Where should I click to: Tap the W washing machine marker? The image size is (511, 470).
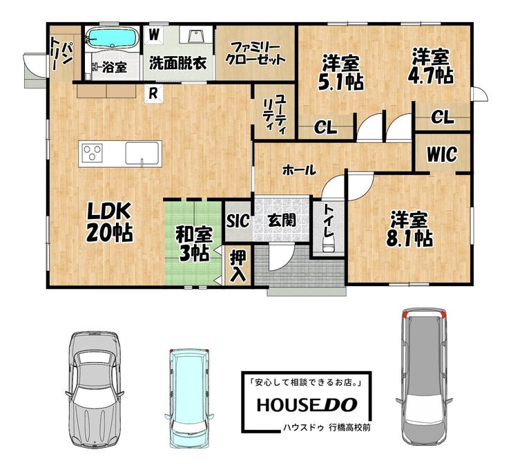(x=154, y=34)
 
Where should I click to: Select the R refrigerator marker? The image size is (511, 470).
(x=153, y=93)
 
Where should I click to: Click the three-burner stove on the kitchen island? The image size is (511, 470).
(x=93, y=153)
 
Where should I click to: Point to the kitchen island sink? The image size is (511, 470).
(x=142, y=153)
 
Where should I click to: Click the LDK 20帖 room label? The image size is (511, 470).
(x=109, y=222)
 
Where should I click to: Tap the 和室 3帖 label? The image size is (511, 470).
(x=193, y=244)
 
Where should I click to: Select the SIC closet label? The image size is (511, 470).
(x=238, y=220)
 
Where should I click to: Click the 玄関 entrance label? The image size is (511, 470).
(x=282, y=220)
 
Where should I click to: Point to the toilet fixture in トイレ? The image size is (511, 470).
(x=328, y=243)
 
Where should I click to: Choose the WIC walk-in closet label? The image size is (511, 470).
(x=442, y=154)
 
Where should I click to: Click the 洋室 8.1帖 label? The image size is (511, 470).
(x=409, y=229)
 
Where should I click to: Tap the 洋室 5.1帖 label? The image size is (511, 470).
(x=341, y=73)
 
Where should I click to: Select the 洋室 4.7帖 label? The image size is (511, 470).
(x=430, y=66)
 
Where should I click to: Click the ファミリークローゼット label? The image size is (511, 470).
(x=256, y=54)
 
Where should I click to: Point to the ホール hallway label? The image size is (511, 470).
(x=299, y=169)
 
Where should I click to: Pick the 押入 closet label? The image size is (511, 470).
(x=238, y=267)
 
